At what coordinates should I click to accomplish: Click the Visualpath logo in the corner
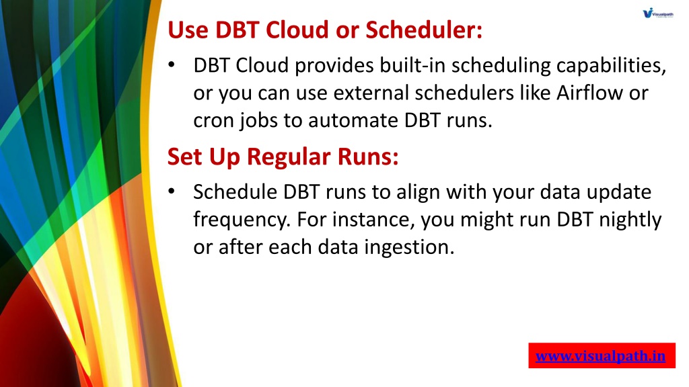click(658, 13)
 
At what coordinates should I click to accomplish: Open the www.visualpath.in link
click(600, 356)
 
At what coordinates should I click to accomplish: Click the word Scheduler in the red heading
click(424, 30)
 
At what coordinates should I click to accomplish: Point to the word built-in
click(412, 65)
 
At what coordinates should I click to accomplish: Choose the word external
click(371, 93)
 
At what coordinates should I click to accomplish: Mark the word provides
click(335, 66)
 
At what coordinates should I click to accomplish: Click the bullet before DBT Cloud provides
click(172, 65)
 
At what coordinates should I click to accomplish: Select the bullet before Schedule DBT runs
click(172, 191)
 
